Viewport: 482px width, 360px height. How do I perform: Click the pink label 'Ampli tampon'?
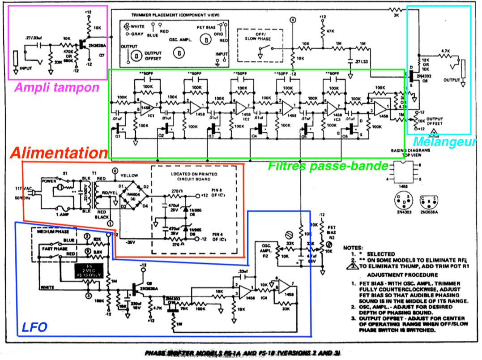pyautogui.click(x=57, y=88)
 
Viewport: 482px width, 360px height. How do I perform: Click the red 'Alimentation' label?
pyautogui.click(x=59, y=153)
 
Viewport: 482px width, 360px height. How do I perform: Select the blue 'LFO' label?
pyautogui.click(x=34, y=327)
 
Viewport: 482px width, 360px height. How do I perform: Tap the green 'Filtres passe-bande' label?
pyautogui.click(x=328, y=167)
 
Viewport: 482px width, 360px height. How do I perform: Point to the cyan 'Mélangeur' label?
pyautogui.click(x=444, y=141)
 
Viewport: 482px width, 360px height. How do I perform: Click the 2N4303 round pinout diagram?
pyautogui.click(x=401, y=200)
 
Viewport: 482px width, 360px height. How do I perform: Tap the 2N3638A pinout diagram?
pyautogui.click(x=427, y=201)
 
